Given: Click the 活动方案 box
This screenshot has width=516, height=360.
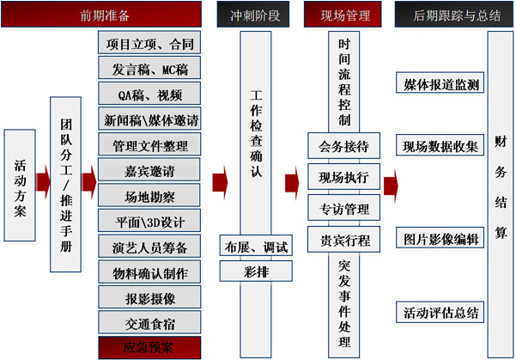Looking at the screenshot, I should tap(21, 185).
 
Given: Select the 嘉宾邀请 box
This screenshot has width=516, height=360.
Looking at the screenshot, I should tap(150, 169).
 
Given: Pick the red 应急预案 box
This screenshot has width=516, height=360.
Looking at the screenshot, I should tap(150, 348).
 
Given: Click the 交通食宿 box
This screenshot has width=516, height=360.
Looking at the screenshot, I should tap(150, 323).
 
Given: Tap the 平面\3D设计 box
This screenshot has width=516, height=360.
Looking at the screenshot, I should tap(150, 222).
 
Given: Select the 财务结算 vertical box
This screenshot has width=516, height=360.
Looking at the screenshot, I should tap(500, 184).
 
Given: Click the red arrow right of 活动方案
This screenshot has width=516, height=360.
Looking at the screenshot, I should tap(44, 183).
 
